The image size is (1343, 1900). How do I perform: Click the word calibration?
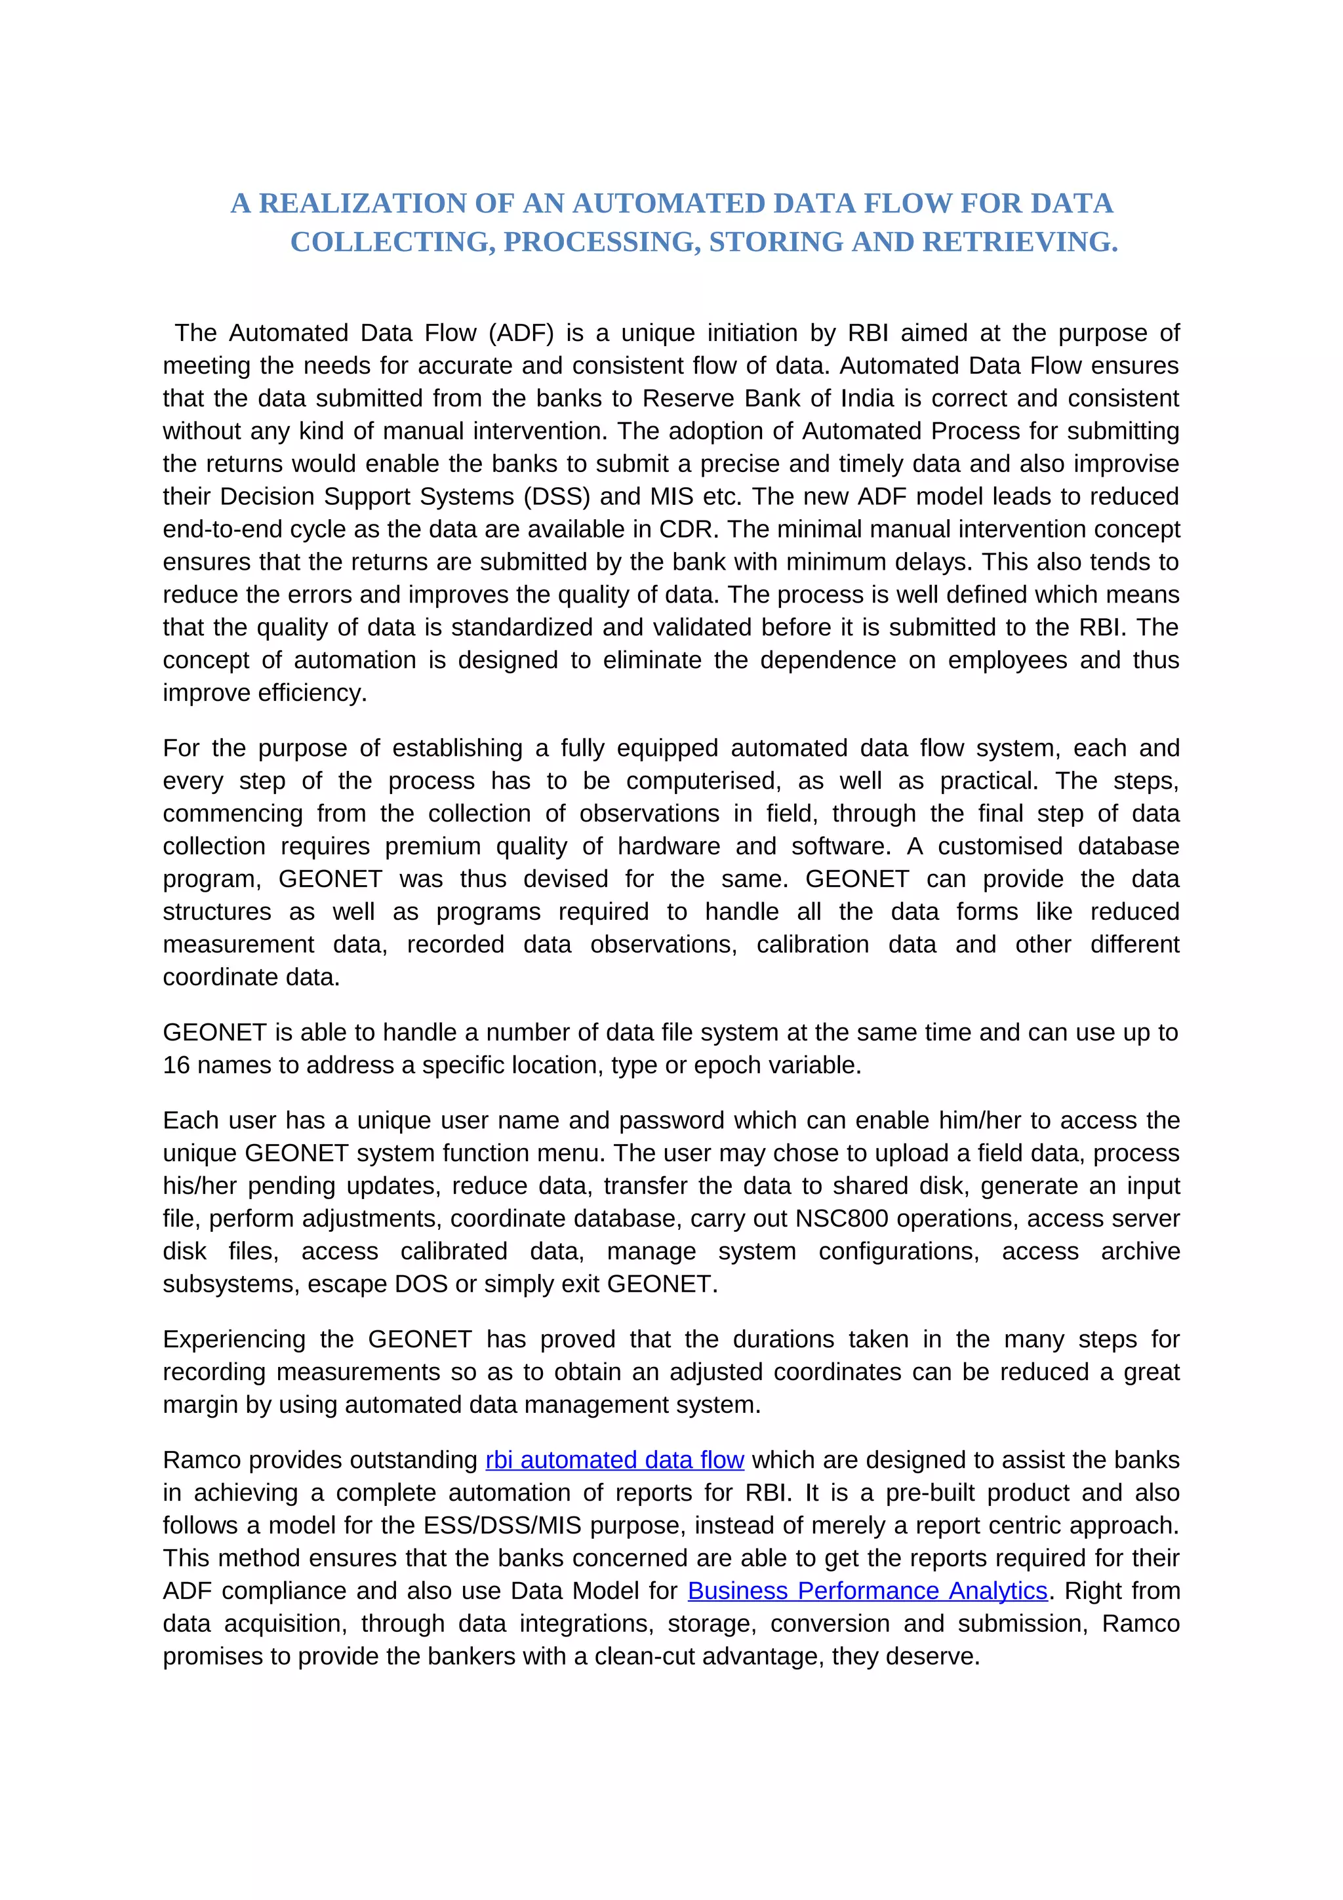coord(812,944)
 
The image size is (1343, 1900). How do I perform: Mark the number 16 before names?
coord(176,1065)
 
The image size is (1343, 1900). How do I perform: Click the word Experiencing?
coord(234,1339)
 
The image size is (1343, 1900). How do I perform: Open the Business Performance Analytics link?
coord(867,1591)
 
